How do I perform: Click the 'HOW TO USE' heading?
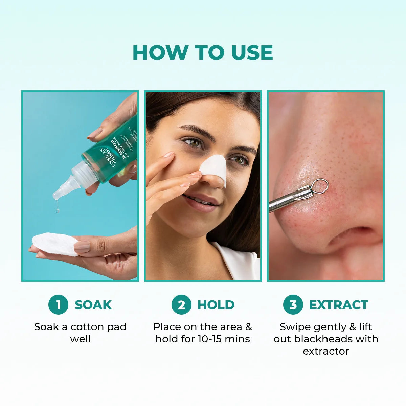[x=203, y=53]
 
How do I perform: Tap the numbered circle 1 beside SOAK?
[x=58, y=304]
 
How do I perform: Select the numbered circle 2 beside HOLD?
[x=181, y=304]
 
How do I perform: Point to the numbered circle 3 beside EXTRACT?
[x=293, y=304]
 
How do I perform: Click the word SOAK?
[x=93, y=305]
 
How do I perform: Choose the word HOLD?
[x=216, y=305]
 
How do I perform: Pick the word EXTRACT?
[x=338, y=305]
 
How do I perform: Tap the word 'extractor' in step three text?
[x=326, y=351]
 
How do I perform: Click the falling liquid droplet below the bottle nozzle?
[x=58, y=210]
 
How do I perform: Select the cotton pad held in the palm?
[x=54, y=244]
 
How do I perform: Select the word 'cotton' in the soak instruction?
[x=85, y=327]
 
